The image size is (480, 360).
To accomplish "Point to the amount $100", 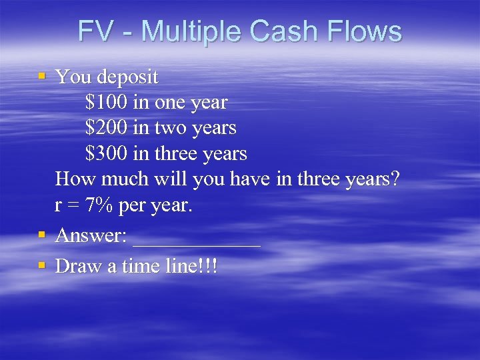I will (x=107, y=103).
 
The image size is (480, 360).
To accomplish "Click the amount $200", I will (x=107, y=128).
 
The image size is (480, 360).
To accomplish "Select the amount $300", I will (x=107, y=154).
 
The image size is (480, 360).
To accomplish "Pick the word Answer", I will (x=91, y=235).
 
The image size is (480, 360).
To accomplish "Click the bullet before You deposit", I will (x=42, y=76).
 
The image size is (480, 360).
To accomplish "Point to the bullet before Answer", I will (x=42, y=234).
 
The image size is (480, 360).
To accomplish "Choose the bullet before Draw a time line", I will (x=42, y=265).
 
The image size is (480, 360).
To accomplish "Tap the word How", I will (x=72, y=179).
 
